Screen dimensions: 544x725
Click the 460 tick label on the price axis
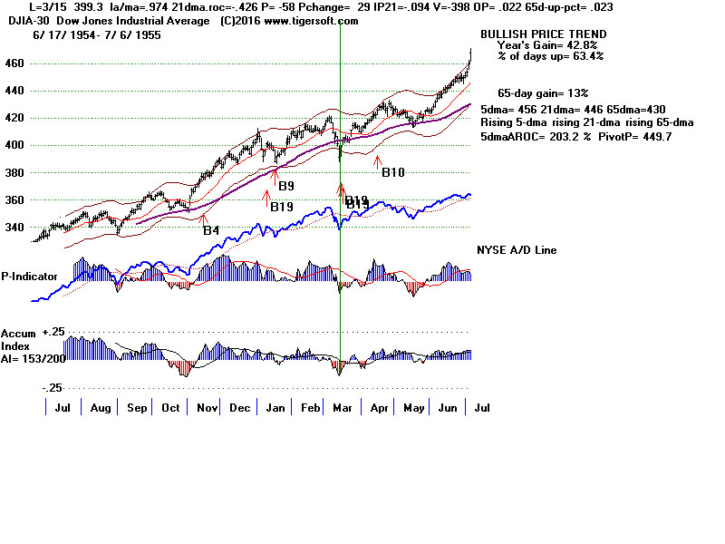[14, 63]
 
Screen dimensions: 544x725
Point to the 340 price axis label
[14, 228]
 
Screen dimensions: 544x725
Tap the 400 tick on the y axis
[14, 145]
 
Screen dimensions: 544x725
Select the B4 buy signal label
[210, 230]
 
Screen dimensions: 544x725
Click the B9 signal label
[286, 186]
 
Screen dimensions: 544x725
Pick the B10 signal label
[393, 172]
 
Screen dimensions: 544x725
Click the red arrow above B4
[204, 219]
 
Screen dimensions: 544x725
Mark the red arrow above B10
[378, 160]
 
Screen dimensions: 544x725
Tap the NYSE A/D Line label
[517, 250]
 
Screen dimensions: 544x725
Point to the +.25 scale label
[55, 333]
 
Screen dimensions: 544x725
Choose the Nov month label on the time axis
[207, 409]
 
